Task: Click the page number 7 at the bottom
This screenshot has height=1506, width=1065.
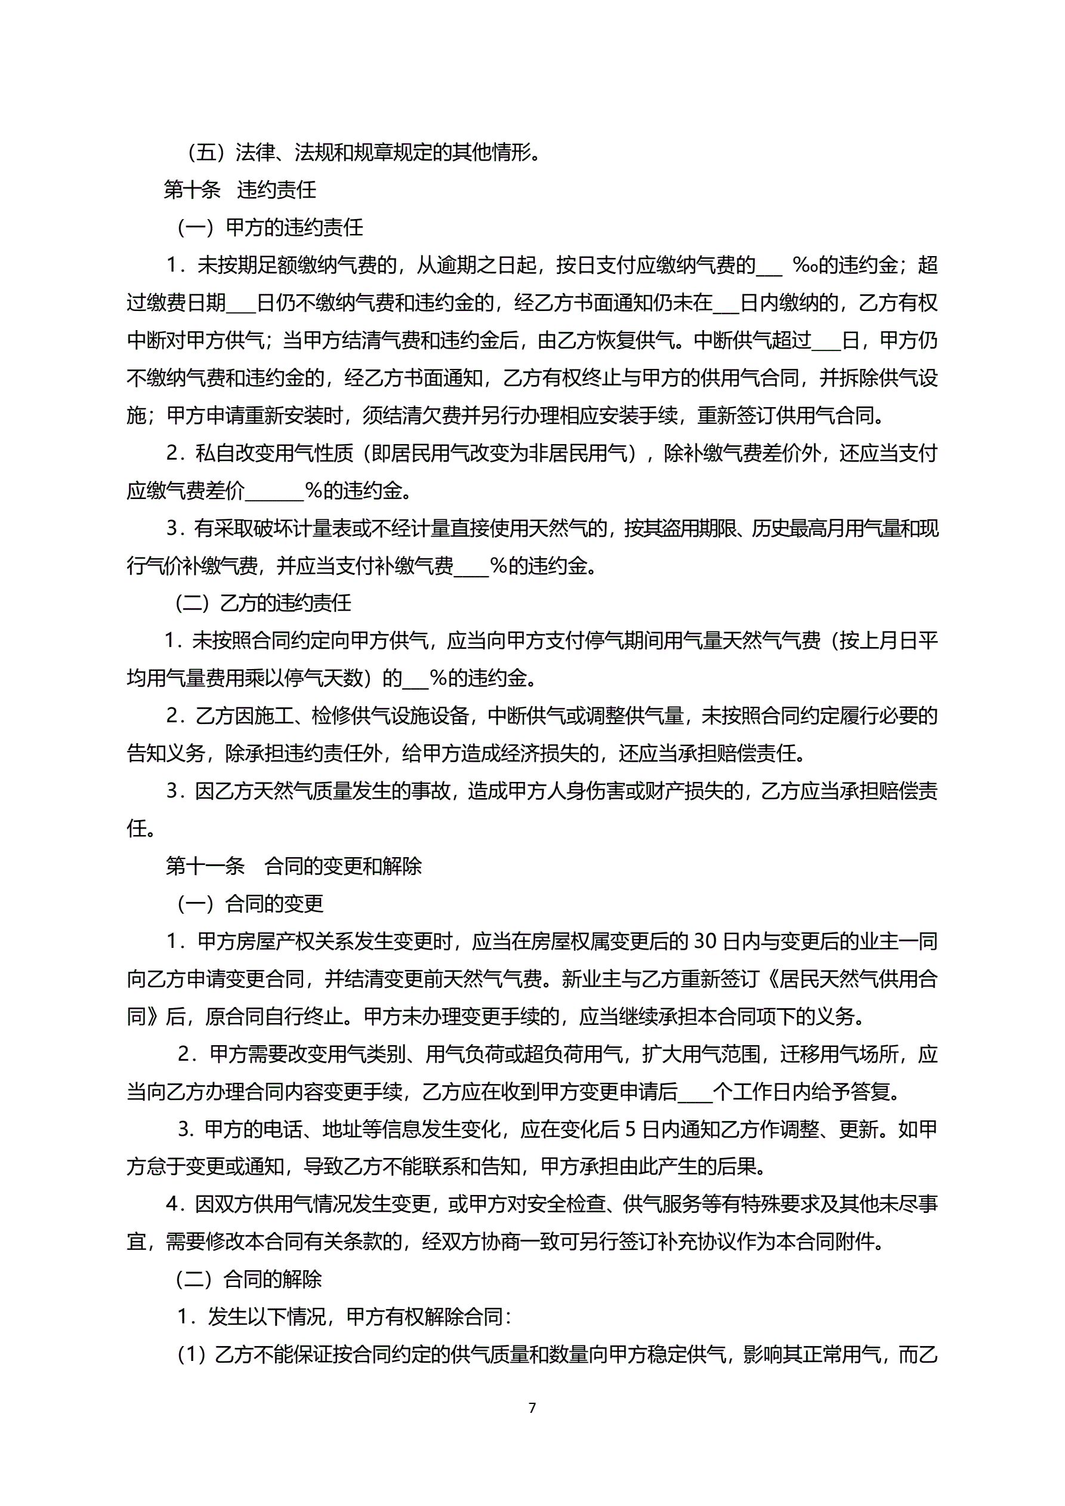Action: point(532,1407)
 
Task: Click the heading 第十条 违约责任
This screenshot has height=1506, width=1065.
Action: point(240,190)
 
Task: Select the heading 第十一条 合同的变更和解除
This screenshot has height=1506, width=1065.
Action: point(294,866)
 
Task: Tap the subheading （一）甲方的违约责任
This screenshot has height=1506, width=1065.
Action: point(270,227)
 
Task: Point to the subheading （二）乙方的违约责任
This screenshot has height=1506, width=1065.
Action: point(263,602)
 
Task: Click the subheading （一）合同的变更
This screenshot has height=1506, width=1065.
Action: point(250,904)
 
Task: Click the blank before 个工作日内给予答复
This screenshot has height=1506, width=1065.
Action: point(694,1093)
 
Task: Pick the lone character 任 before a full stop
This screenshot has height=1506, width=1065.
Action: point(137,829)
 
